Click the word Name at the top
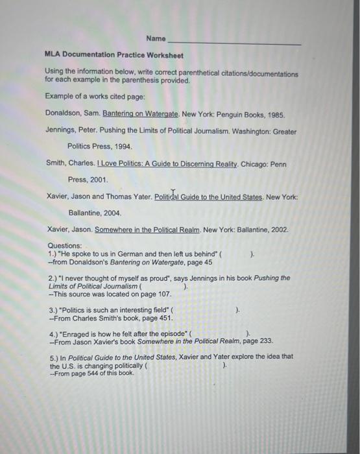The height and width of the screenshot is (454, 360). (156, 39)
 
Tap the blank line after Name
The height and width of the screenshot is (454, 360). (234, 42)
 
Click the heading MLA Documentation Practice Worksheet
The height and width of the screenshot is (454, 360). (114, 56)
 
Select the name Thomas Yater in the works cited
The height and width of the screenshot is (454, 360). (129, 197)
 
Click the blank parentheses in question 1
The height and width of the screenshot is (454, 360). (236, 254)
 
